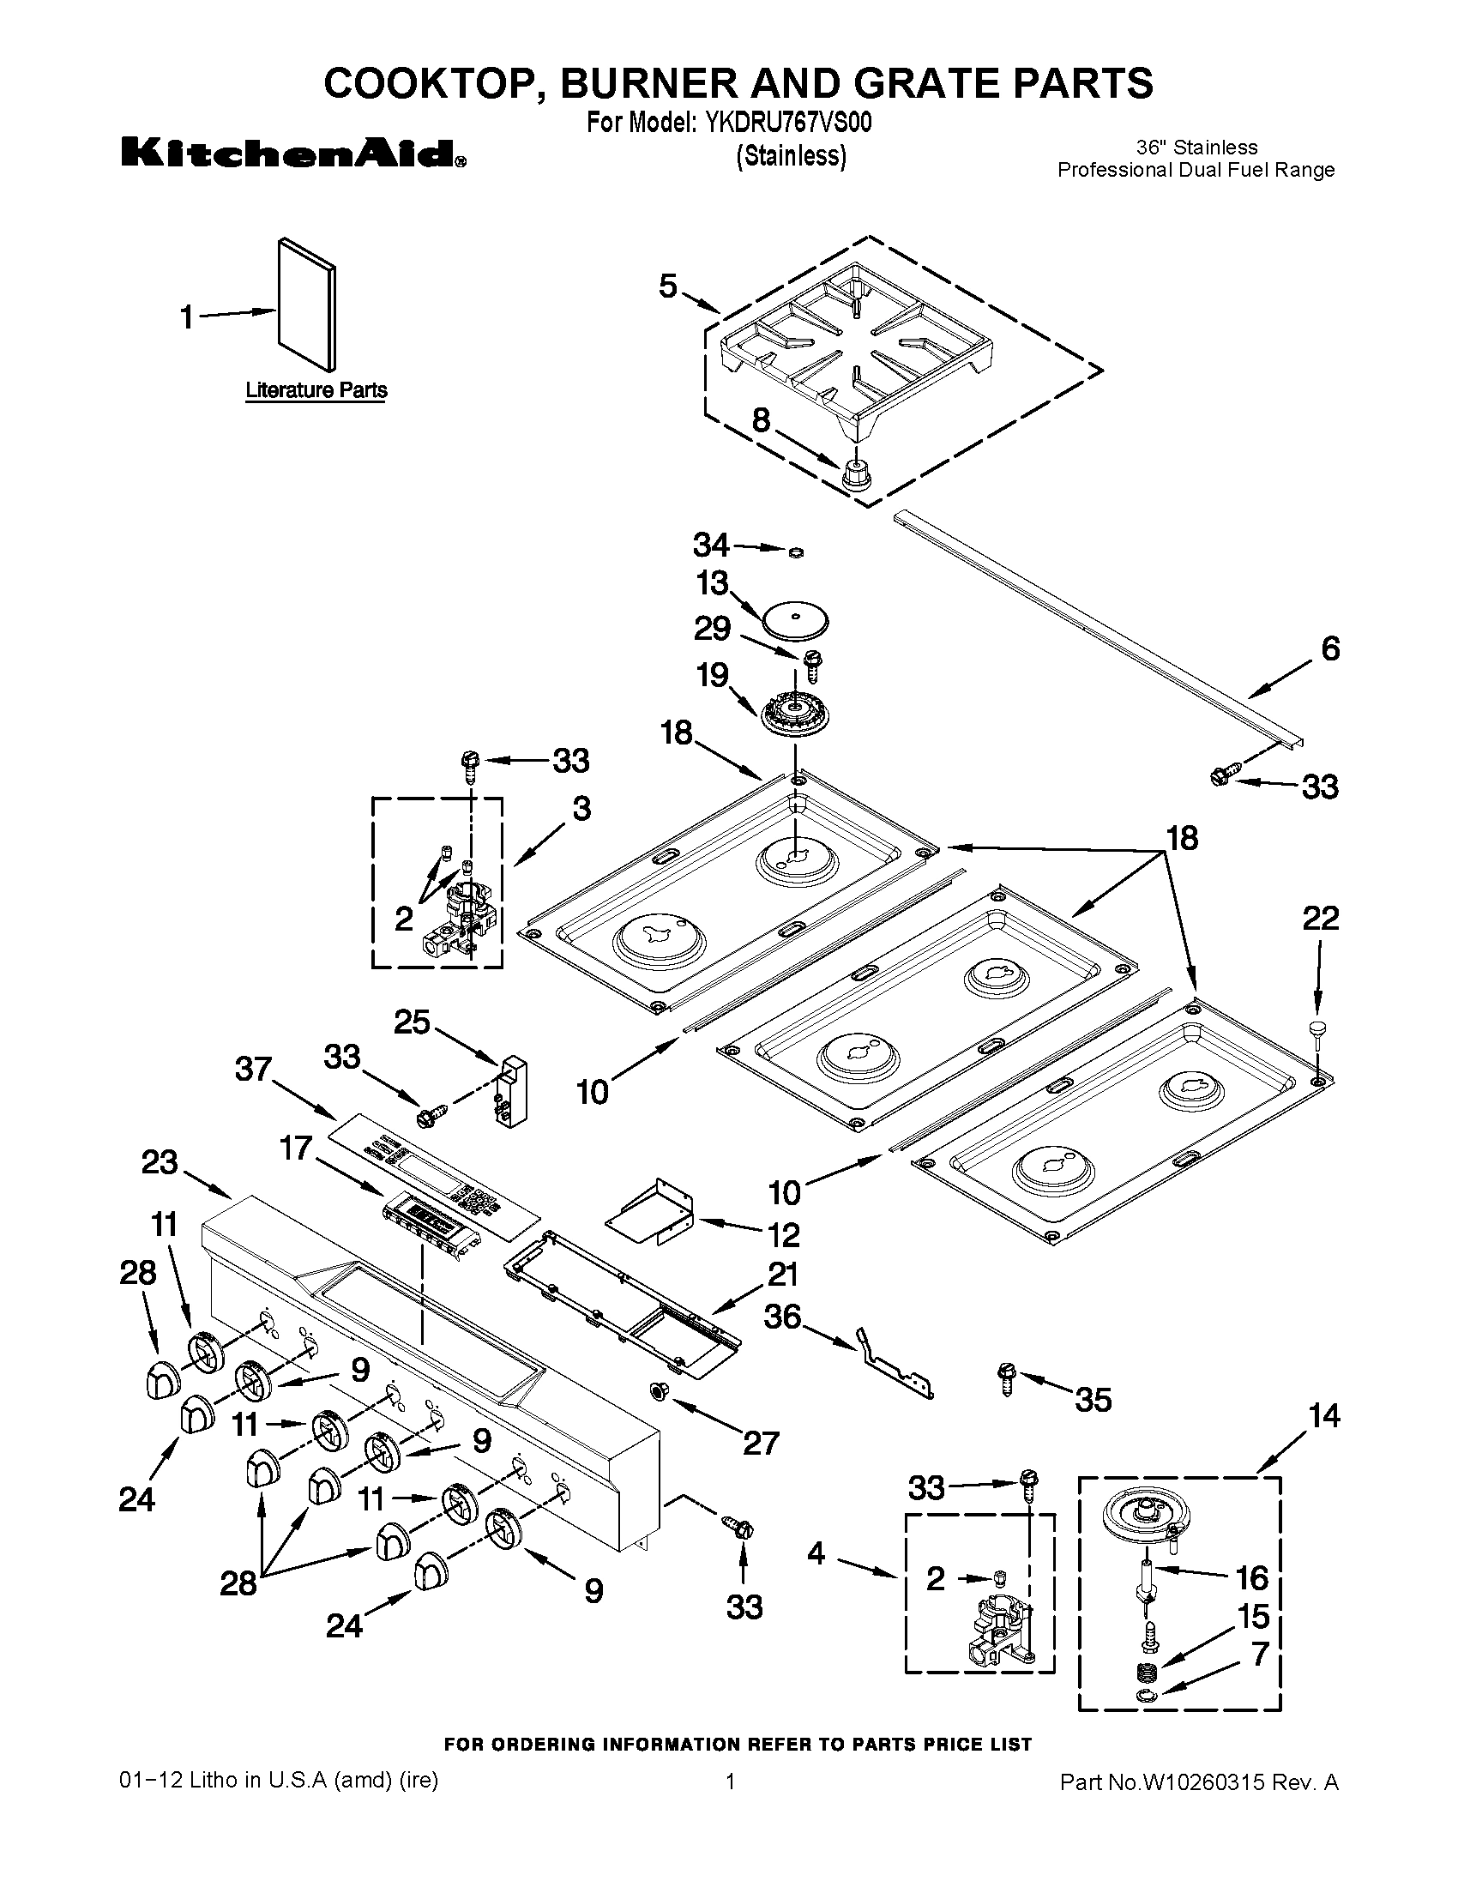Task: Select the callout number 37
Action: pos(254,1070)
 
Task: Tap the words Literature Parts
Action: pos(316,390)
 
